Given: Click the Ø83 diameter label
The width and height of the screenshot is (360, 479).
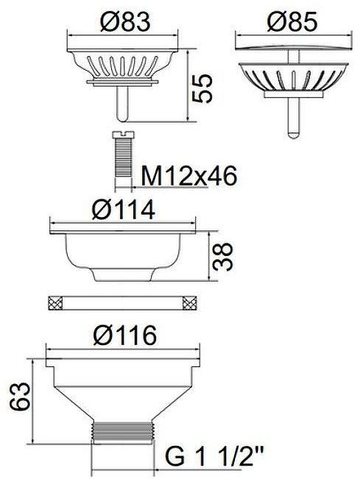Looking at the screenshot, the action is coord(125,21).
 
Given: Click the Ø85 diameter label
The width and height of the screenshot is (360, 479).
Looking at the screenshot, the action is coord(292,22).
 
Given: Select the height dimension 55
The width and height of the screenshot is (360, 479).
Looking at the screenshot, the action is coord(202,88).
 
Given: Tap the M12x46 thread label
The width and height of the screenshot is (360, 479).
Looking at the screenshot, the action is coord(189,176).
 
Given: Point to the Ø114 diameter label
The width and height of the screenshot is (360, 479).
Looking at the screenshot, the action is coord(124,210).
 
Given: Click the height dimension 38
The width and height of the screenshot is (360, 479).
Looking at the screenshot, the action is coord(222,257).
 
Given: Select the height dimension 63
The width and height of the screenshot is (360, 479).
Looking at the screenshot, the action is coord(20,396).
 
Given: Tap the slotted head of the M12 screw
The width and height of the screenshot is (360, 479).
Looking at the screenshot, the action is coord(123,135).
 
